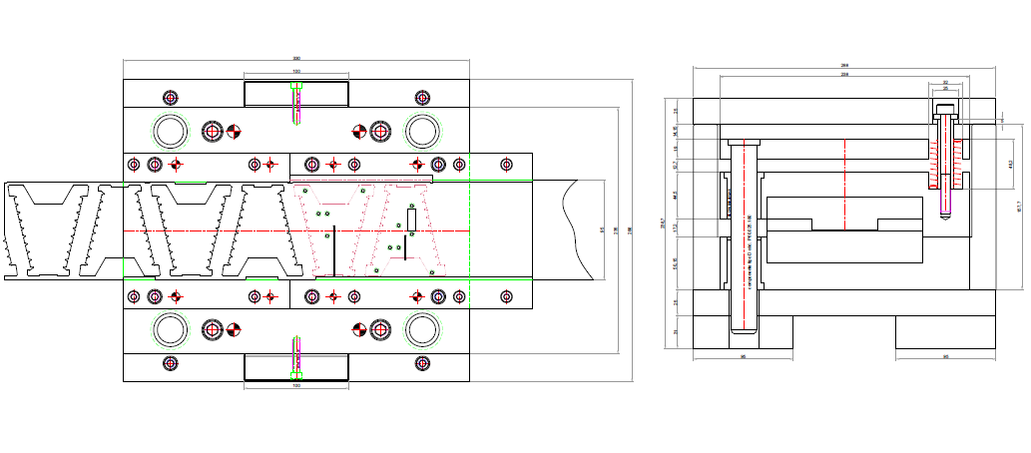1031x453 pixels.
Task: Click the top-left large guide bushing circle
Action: pyautogui.click(x=170, y=131)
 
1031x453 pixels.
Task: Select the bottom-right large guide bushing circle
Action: pyautogui.click(x=423, y=329)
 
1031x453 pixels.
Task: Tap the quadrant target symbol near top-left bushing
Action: pyautogui.click(x=235, y=131)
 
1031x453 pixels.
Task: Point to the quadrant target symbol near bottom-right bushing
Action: pyautogui.click(x=359, y=329)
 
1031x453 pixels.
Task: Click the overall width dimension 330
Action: pyautogui.click(x=296, y=58)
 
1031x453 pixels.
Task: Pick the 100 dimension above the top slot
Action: pyautogui.click(x=296, y=72)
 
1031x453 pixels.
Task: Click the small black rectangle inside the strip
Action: pyautogui.click(x=410, y=218)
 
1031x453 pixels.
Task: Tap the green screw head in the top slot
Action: pyautogui.click(x=295, y=86)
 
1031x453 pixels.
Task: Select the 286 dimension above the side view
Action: pyautogui.click(x=844, y=67)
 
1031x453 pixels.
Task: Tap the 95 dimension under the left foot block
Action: pyautogui.click(x=743, y=356)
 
